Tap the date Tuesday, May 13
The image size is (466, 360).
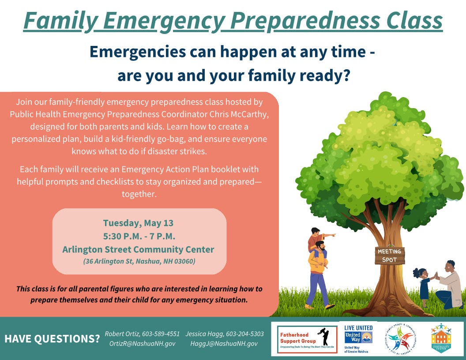pos(138,222)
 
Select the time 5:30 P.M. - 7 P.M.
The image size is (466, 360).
pos(139,236)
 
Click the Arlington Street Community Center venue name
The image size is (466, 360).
pos(138,249)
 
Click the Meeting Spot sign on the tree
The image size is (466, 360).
pos(390,255)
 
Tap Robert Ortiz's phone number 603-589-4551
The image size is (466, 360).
pos(160,334)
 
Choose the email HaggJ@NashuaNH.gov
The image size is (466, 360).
pos(224,344)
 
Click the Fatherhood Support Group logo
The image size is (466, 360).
pos(307,339)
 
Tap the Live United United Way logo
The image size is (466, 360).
pos(358,339)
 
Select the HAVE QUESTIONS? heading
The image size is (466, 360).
pos(52,339)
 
